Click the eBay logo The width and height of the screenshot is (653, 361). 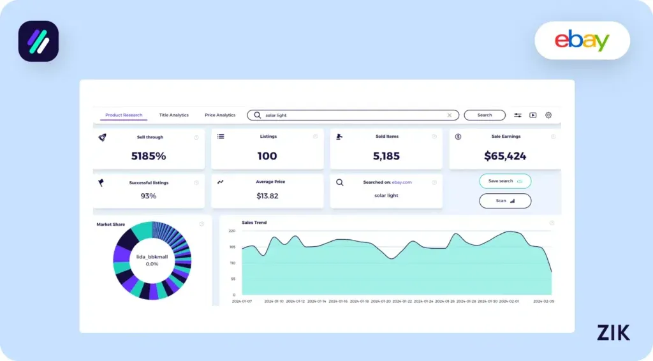582,41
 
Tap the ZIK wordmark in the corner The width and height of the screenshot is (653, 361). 613,332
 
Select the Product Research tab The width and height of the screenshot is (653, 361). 124,115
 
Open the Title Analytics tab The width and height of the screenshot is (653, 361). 174,115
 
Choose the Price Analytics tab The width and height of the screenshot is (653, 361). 220,115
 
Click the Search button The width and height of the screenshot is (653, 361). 485,115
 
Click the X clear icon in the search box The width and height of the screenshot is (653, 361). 450,115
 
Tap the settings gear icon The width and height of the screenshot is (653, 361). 548,115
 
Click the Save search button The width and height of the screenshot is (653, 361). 505,181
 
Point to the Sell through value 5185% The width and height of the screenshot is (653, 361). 149,156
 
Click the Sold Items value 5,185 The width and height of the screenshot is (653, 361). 386,156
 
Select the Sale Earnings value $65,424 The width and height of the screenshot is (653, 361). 506,156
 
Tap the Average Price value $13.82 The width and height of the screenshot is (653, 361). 267,196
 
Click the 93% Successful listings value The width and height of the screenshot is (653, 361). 149,196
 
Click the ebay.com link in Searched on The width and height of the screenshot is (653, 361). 402,182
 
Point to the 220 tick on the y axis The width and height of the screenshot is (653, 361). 232,231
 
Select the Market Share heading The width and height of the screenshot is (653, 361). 111,225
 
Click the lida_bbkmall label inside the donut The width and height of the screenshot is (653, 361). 152,256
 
